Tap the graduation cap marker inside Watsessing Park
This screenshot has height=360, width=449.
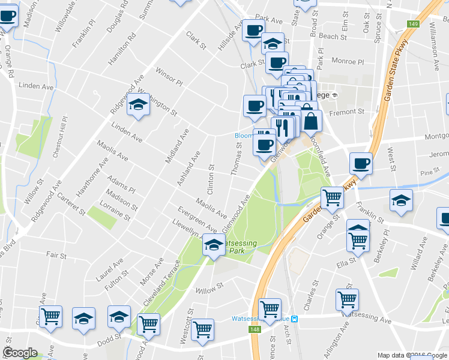click(213, 245)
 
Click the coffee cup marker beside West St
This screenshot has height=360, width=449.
click(361, 163)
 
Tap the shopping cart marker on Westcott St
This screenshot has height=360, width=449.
click(203, 329)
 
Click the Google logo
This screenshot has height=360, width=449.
click(20, 353)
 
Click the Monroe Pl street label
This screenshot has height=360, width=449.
click(348, 61)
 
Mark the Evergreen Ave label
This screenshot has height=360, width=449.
click(197, 219)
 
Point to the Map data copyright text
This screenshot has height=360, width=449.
click(412, 355)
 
